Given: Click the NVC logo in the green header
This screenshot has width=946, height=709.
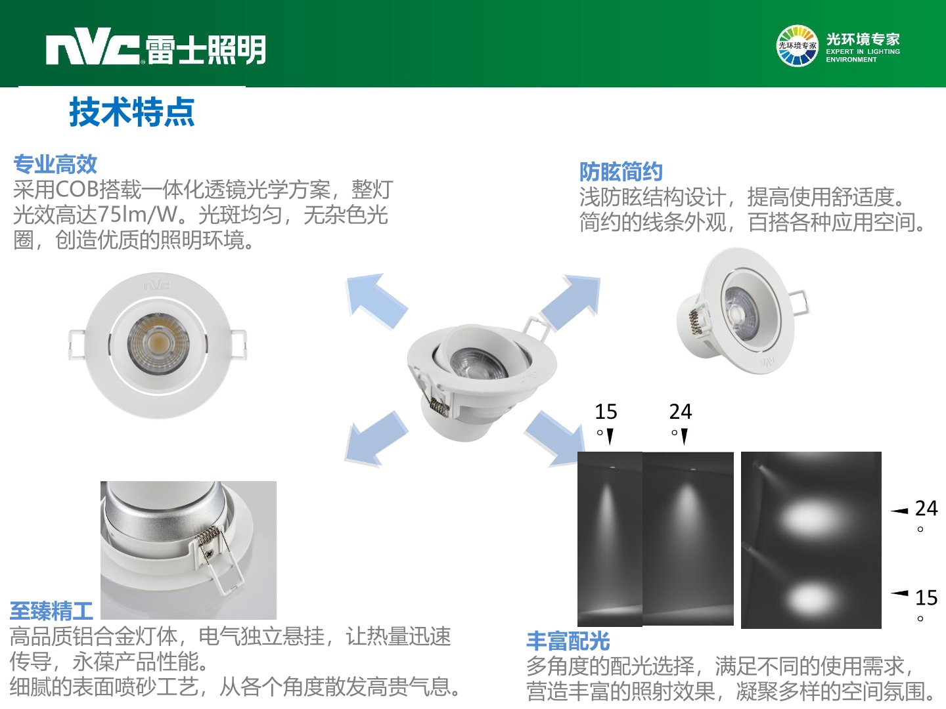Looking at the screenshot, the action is click(x=93, y=47).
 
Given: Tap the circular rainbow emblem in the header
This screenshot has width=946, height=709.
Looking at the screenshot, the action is click(x=797, y=46).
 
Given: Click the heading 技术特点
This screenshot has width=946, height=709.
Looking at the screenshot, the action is click(x=132, y=112).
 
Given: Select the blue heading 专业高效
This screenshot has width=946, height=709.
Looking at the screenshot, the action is click(x=55, y=164).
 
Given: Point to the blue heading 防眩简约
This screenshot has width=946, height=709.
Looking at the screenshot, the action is click(x=621, y=172).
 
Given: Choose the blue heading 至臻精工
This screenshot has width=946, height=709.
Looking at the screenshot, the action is click(x=51, y=611).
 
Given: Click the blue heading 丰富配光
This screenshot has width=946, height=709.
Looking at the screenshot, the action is click(x=568, y=641).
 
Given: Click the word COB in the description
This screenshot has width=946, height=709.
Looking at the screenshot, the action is click(x=77, y=190).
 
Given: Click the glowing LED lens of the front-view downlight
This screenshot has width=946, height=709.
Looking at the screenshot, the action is click(x=156, y=343).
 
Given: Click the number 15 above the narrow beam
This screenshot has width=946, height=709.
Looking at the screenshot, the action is click(x=606, y=412).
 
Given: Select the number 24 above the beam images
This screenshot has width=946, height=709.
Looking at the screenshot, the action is click(x=681, y=412).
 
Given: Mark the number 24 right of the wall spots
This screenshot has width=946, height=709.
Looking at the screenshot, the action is click(x=926, y=508).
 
